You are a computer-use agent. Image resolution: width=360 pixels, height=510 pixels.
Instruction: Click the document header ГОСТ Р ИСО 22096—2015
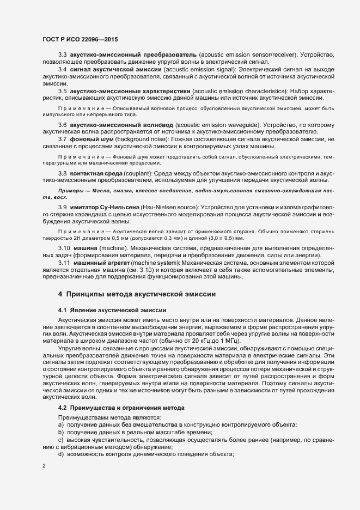pos(80,39)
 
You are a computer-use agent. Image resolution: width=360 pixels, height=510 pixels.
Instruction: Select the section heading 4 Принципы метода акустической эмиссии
pos(137,294)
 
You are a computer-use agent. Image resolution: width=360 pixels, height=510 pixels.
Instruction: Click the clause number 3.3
pos(62,56)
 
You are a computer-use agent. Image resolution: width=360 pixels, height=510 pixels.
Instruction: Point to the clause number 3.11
pos(64,263)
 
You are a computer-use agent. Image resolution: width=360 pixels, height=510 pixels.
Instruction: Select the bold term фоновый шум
pos(87,139)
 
